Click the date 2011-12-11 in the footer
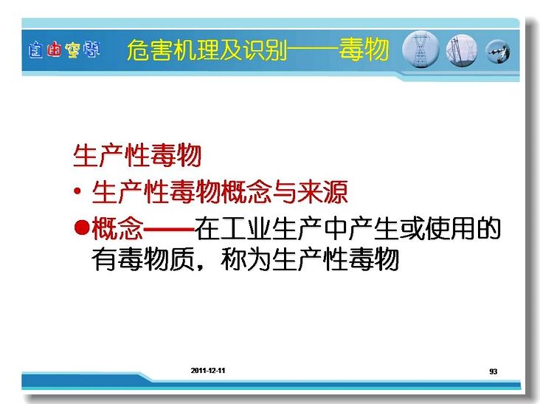[208, 371]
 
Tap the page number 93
[494, 372]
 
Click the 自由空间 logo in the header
[64, 50]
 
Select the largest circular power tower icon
[420, 49]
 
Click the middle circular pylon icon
[462, 51]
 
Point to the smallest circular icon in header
[498, 52]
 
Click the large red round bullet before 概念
[82, 227]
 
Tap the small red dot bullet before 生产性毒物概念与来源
[78, 191]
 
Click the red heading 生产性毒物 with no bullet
[137, 156]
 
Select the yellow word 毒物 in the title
[364, 49]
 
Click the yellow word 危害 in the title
[150, 49]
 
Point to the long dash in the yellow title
[313, 50]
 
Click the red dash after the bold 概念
[169, 228]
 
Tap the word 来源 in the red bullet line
[322, 191]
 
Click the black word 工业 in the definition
[246, 228]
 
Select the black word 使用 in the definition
[450, 228]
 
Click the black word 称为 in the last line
[246, 259]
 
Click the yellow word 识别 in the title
[266, 49]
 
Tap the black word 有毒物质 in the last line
[143, 259]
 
